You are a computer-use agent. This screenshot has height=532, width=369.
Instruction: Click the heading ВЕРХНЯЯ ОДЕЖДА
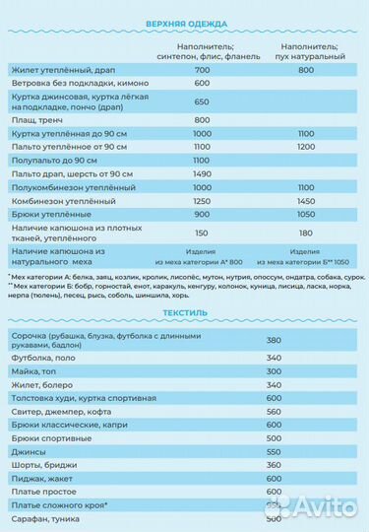tap(185, 23)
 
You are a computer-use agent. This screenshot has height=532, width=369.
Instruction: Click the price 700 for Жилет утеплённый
tap(203, 70)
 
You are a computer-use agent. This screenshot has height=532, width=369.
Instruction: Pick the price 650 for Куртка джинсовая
tap(203, 101)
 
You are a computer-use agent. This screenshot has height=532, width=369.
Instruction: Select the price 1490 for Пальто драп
tap(203, 173)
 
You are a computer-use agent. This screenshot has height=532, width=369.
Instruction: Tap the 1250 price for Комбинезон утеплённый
tap(203, 200)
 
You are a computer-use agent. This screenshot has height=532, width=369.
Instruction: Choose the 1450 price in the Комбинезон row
tap(305, 200)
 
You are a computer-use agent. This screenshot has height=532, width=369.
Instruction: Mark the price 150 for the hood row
tap(203, 233)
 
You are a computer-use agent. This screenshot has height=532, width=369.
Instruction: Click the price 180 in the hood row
tap(305, 233)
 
